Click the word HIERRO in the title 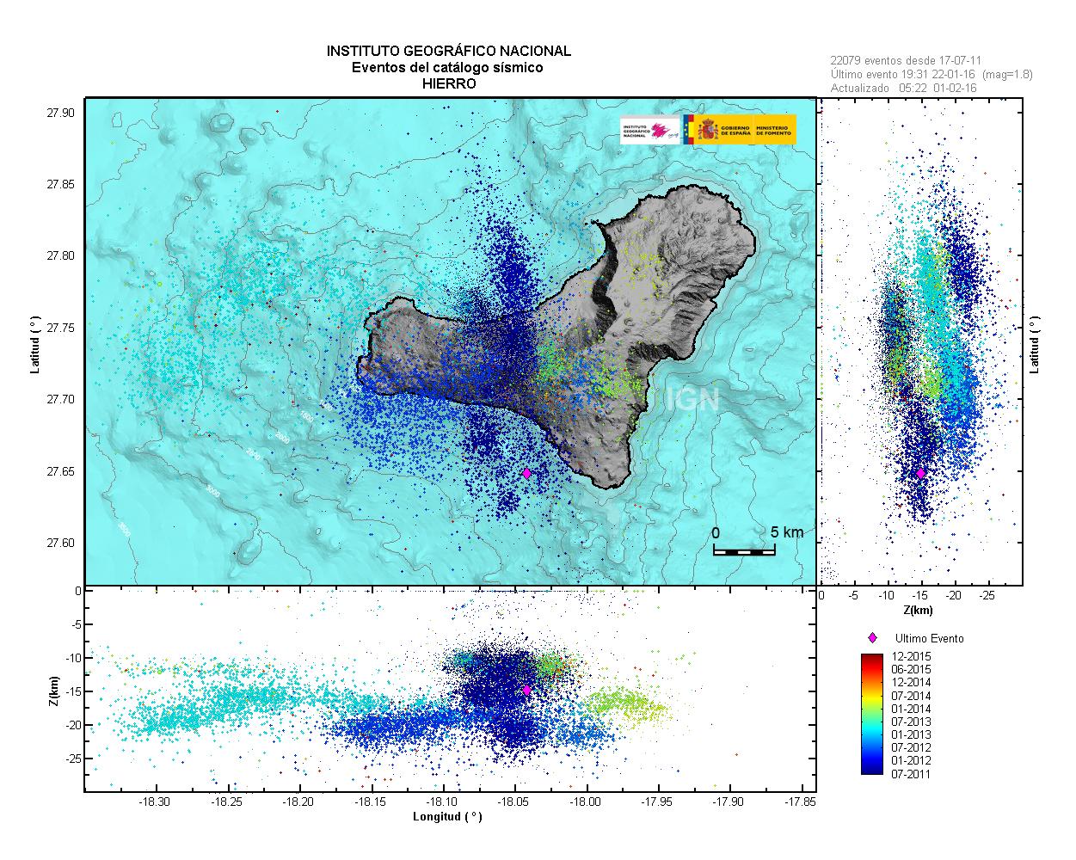tap(448, 83)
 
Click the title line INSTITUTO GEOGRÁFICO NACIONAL tap(448, 52)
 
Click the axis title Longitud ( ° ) tap(447, 817)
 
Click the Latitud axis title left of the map tap(35, 342)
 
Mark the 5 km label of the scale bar tap(787, 532)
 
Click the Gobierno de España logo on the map tap(745, 129)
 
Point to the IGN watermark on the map tap(692, 398)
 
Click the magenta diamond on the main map tap(526, 473)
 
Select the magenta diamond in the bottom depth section tap(526, 690)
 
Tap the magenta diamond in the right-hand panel tap(920, 473)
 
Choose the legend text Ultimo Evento tap(930, 639)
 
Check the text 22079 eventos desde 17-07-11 tap(907, 61)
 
